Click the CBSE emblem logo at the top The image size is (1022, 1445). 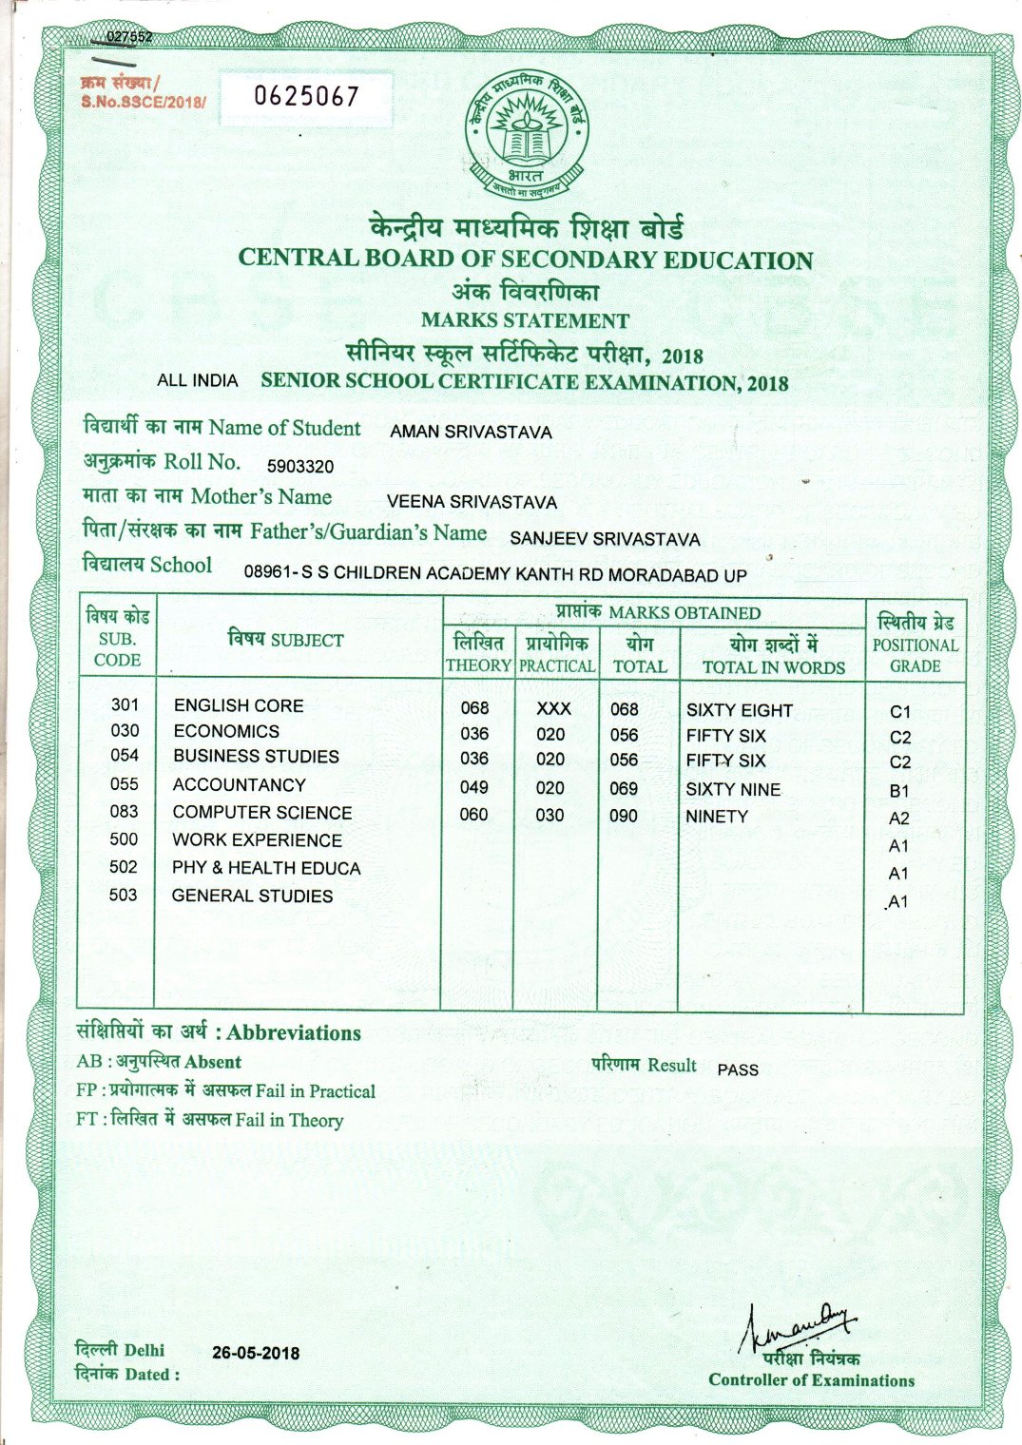coord(525,134)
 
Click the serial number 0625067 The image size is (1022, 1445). coord(305,96)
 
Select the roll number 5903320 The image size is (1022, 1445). coord(299,466)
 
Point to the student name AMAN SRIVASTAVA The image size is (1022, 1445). coord(471,432)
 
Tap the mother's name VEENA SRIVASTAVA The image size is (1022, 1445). coord(472,502)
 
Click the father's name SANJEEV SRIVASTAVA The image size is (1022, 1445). coord(605,539)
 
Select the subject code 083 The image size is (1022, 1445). coord(124,812)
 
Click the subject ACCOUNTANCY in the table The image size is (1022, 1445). coord(239,785)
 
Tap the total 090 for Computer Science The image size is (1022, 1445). coord(624,816)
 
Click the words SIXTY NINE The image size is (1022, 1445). coord(733,790)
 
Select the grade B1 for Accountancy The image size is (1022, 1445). coord(899,791)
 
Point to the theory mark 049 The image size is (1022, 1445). coord(473,787)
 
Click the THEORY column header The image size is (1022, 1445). coord(478,666)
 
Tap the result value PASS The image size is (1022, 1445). coord(738,1069)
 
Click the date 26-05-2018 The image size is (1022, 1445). coord(256,1353)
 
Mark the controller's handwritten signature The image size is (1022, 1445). coord(799,1325)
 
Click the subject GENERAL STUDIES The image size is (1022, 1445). coord(252,896)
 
